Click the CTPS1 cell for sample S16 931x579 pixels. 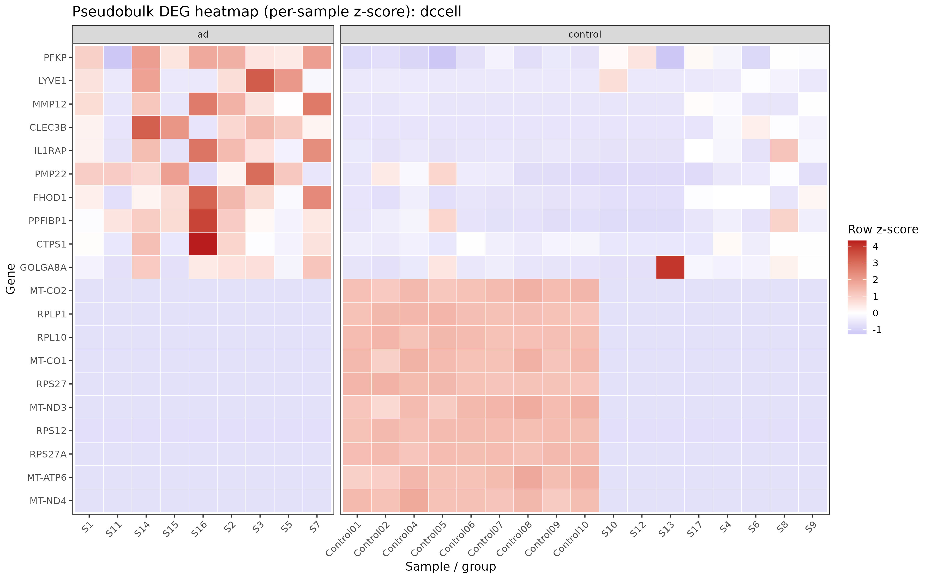(x=203, y=244)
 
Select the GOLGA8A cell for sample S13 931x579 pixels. (x=670, y=267)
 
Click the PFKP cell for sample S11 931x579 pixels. (x=118, y=57)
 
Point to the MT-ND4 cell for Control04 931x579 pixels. (x=414, y=500)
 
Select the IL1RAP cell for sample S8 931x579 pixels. (x=784, y=151)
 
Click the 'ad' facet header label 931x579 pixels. (x=203, y=34)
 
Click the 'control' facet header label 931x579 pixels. (x=585, y=34)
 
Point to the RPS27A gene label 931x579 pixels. (x=48, y=454)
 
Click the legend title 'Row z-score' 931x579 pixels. (x=883, y=229)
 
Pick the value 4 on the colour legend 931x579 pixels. (x=875, y=246)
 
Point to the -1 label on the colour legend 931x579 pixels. (x=877, y=330)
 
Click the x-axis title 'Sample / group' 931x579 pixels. (x=451, y=566)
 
